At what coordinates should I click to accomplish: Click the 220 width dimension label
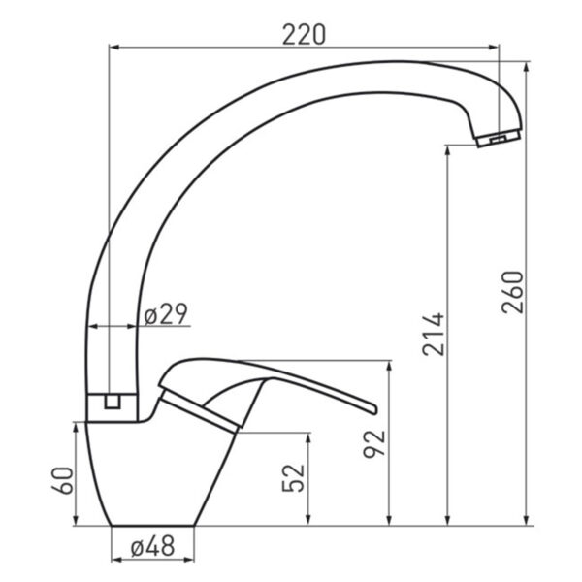(x=304, y=35)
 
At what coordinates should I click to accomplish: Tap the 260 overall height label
(x=512, y=293)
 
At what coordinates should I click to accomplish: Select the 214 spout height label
(x=434, y=335)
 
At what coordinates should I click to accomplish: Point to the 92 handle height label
(x=374, y=444)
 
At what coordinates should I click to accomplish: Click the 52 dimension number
(x=293, y=478)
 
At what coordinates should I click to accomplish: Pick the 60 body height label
(x=62, y=480)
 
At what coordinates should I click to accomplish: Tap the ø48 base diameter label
(x=152, y=547)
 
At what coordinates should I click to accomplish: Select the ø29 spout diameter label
(x=166, y=314)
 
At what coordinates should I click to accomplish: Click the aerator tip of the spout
(x=499, y=139)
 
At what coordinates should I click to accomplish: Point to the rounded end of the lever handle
(x=373, y=408)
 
